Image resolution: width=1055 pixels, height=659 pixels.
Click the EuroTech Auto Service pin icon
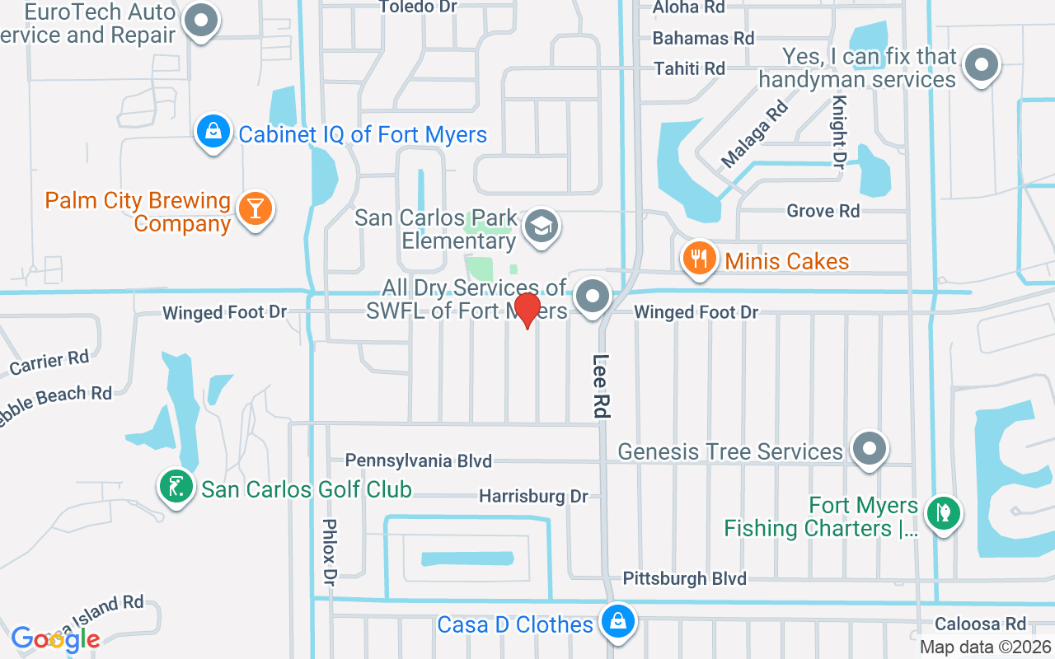pos(199,22)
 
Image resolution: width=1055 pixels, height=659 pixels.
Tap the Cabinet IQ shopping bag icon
pos(213,133)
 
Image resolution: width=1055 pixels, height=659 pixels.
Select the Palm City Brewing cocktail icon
pos(255,209)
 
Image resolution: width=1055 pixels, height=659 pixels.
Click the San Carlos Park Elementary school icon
pos(541,226)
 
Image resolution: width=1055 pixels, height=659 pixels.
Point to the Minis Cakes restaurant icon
pos(699,259)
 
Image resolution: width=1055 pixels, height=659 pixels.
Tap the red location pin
pos(527,310)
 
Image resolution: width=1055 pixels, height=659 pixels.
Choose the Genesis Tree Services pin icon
pos(869,450)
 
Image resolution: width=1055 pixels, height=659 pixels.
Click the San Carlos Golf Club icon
pos(175,488)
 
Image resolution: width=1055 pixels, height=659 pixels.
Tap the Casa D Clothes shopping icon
pos(617,623)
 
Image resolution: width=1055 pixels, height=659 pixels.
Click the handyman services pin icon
pos(981,66)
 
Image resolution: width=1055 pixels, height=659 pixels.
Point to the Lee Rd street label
pos(603,386)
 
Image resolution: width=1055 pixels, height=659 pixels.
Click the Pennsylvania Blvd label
pos(418,460)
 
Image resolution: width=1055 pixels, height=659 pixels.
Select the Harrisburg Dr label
pos(533,497)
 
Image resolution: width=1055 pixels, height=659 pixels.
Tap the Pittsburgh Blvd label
pos(684,578)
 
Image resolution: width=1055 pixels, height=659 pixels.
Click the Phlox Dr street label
pos(330,551)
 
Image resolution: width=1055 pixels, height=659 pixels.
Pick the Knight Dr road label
pos(839,133)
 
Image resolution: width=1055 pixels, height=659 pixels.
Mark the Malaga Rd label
pos(754,134)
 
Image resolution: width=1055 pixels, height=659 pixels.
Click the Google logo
pos(55,639)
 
